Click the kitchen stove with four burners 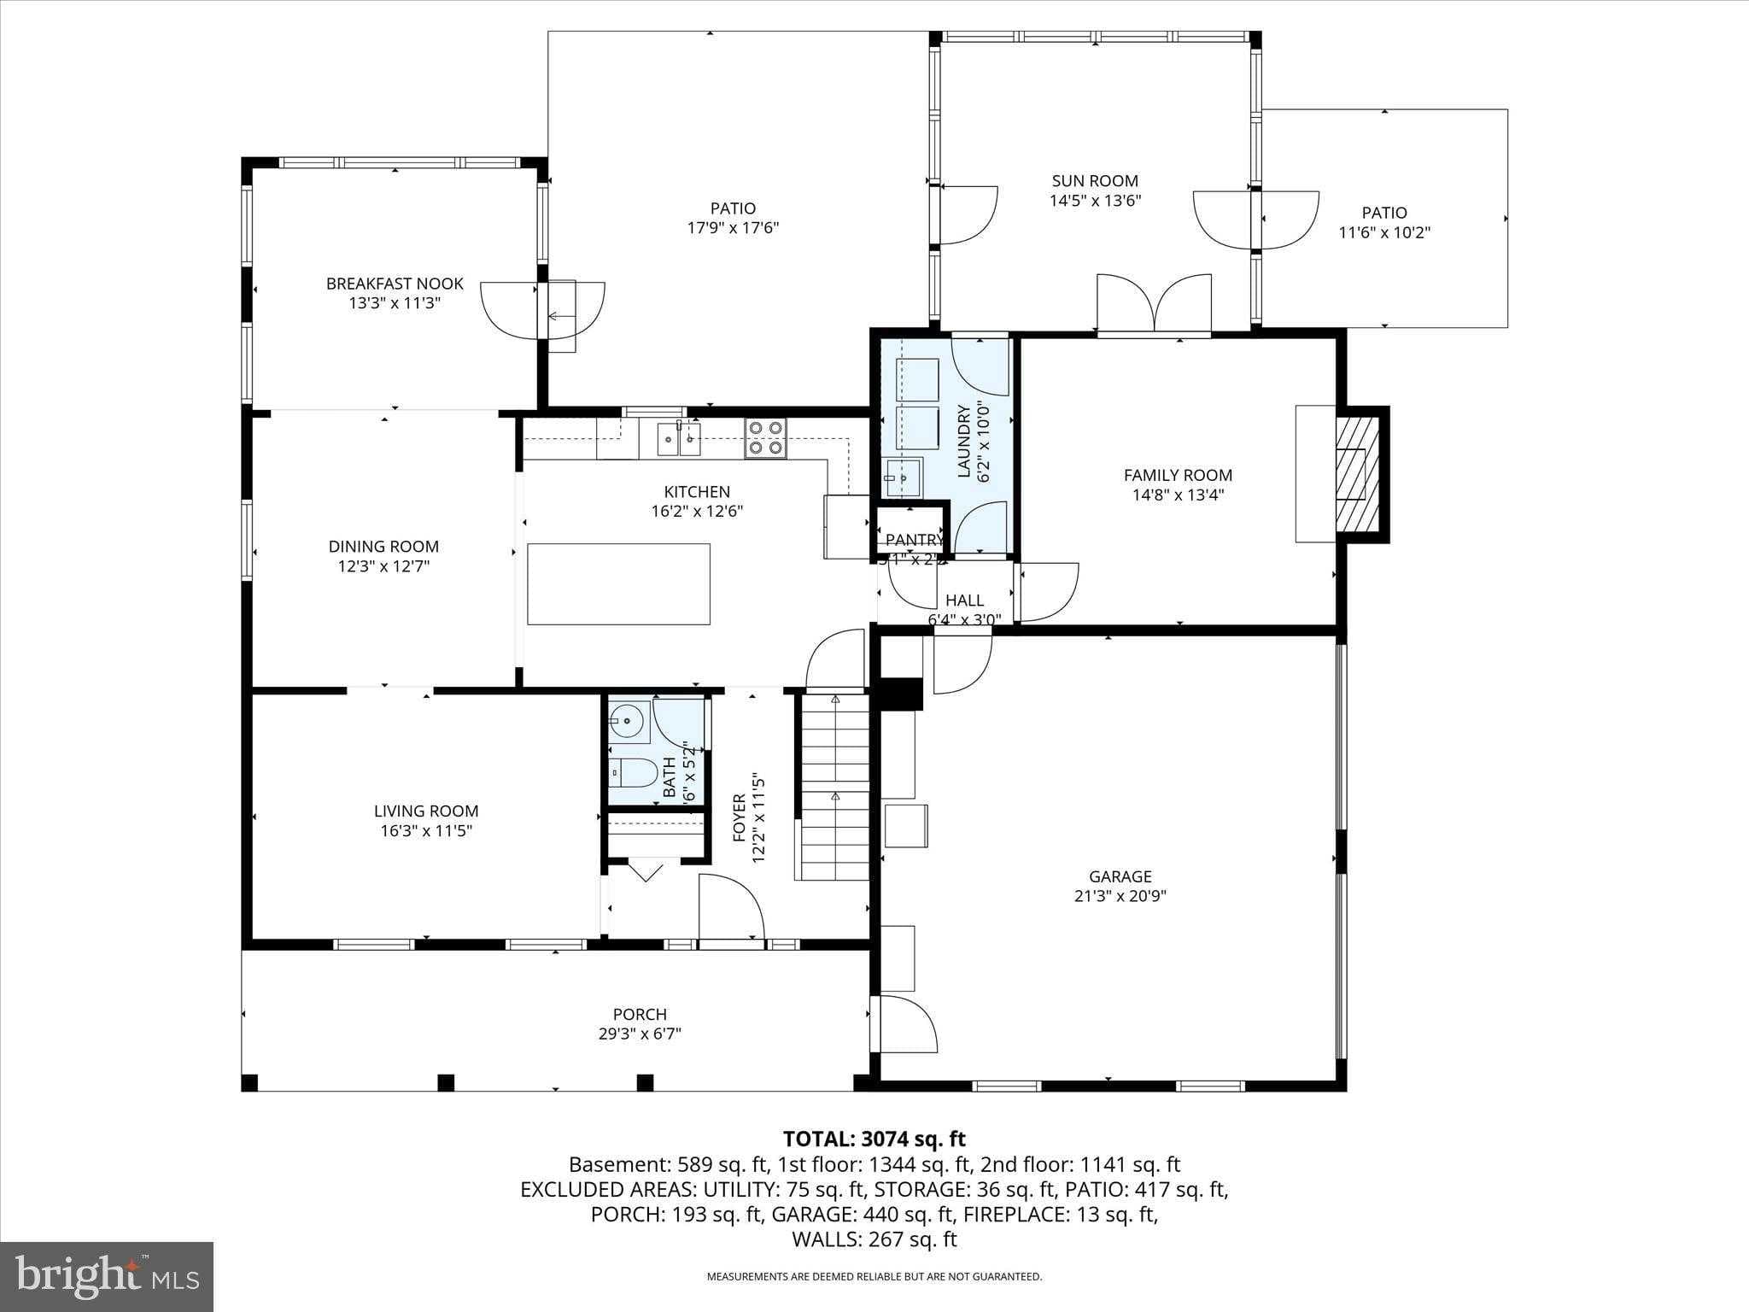[x=765, y=438]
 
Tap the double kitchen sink [x=679, y=440]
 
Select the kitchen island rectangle [x=618, y=584]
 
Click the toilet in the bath [x=632, y=774]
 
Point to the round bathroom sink [x=629, y=722]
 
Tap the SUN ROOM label [x=1095, y=181]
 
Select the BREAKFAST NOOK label [x=395, y=284]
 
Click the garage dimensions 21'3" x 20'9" [x=1120, y=896]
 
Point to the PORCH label [x=640, y=1014]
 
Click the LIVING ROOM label [x=426, y=811]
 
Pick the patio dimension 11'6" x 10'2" [x=1384, y=232]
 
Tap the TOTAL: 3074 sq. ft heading [x=874, y=1139]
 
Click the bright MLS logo [x=107, y=1276]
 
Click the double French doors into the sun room [x=1154, y=304]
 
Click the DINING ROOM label [x=383, y=547]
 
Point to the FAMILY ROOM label [x=1178, y=475]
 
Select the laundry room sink [x=902, y=477]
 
